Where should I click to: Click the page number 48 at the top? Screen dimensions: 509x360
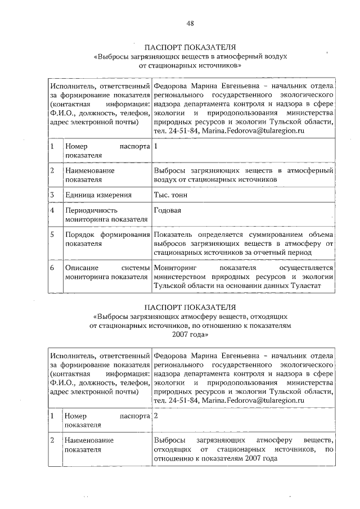(190, 23)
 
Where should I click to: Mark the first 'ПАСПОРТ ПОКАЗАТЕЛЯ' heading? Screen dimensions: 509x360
(190, 47)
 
